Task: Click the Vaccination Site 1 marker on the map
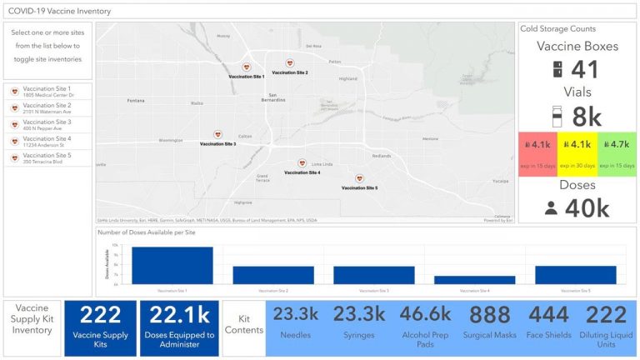[x=247, y=67]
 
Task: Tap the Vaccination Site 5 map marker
[x=360, y=179]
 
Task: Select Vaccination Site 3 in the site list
[x=47, y=125]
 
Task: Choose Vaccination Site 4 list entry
[x=47, y=142]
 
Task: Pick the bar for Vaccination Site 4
[x=462, y=280]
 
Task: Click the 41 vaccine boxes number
[x=586, y=72]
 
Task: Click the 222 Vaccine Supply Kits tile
[x=101, y=327]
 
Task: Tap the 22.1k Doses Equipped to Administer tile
[x=179, y=327]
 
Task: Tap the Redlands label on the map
[x=381, y=156]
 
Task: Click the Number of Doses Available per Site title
[x=147, y=232]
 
